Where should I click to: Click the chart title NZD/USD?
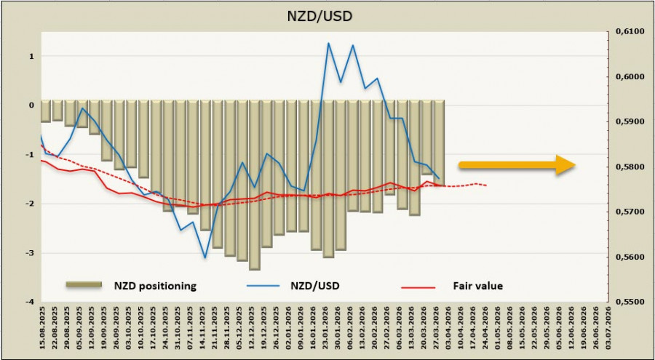[x=327, y=14]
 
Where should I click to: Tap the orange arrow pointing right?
[x=517, y=165]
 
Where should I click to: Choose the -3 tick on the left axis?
[x=30, y=253]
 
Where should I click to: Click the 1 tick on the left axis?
[x=31, y=56]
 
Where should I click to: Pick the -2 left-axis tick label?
[x=30, y=204]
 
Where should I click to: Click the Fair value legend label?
[x=478, y=286]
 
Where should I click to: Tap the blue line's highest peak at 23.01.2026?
[x=328, y=43]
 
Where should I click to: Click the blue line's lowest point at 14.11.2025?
[x=205, y=257]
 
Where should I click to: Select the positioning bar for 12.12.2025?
[x=254, y=185]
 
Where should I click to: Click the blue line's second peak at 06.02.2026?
[x=353, y=45]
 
